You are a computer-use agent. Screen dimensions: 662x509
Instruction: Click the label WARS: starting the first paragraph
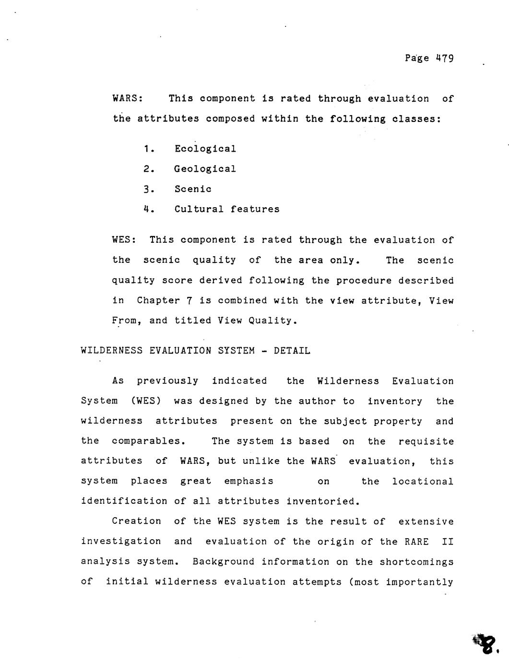tap(127, 99)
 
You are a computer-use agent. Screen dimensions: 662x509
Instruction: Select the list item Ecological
tap(205, 149)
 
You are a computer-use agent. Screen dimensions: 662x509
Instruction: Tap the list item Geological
tap(205, 169)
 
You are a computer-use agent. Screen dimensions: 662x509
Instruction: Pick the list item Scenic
tap(192, 189)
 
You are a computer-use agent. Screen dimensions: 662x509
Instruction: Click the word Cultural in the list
tap(199, 209)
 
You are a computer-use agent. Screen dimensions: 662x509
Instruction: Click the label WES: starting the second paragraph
tap(124, 240)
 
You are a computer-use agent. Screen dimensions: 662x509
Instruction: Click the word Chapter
tap(155, 301)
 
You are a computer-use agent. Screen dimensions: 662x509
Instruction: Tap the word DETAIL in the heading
tap(292, 351)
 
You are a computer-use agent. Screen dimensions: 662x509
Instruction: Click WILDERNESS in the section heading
tap(112, 351)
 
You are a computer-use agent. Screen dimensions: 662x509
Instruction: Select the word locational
tap(422, 481)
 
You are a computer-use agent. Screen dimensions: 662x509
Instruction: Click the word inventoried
tap(322, 501)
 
